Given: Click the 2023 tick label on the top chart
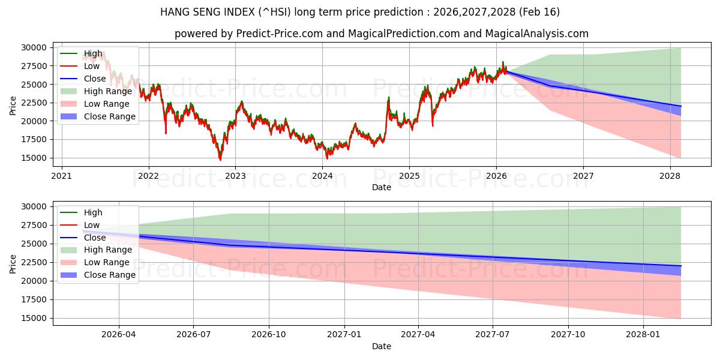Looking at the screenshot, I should pyautogui.click(x=235, y=176).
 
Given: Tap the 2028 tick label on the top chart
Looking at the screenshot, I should pyautogui.click(x=670, y=176).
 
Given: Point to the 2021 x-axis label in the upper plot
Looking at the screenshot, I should pyautogui.click(x=61, y=176).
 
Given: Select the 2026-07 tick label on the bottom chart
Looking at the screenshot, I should pyautogui.click(x=193, y=335).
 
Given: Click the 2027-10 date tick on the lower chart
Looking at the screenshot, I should pyautogui.click(x=568, y=335).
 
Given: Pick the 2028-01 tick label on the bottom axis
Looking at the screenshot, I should pyautogui.click(x=643, y=335).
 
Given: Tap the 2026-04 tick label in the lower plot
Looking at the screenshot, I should pyautogui.click(x=119, y=335).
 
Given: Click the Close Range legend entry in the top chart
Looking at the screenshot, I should pyautogui.click(x=110, y=116).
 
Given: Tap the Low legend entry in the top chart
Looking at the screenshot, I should pyautogui.click(x=92, y=67).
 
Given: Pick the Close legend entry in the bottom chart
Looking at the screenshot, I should pyautogui.click(x=95, y=238).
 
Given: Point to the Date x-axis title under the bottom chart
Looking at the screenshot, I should pyautogui.click(x=382, y=346).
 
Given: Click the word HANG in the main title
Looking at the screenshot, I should pyautogui.click(x=173, y=12).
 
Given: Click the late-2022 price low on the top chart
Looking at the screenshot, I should pyautogui.click(x=220, y=160).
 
